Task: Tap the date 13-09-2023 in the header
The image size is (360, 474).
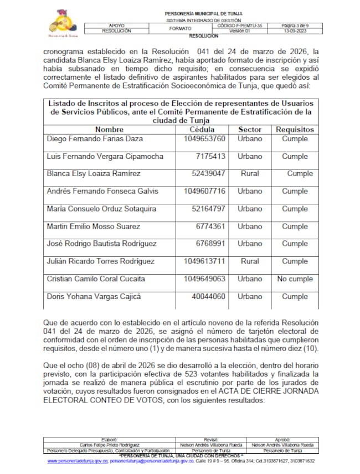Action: coord(296,31)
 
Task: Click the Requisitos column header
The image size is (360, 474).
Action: coord(295,129)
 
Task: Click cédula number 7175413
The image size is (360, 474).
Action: coord(210,156)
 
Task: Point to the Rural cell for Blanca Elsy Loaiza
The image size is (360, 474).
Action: coord(250,173)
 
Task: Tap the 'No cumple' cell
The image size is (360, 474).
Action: coord(295,279)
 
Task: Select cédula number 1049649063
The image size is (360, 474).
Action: coord(205,279)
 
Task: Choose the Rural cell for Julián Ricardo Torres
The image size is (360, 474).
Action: coord(250,261)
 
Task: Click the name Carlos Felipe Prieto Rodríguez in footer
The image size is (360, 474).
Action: coord(110,445)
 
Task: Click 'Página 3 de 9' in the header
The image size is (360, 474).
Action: coord(296,25)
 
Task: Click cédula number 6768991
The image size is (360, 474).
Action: coord(210,244)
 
